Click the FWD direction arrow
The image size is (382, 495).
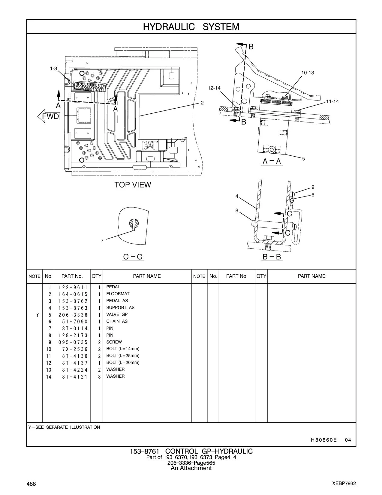pos(49,116)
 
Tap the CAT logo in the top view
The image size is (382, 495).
pos(150,145)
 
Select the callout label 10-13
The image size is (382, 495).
pos(308,73)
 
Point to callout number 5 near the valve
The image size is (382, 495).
pos(303,159)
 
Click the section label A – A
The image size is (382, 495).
pos(272,161)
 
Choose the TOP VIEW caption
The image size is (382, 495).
pos(133,185)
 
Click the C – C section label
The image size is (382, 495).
pos(133,257)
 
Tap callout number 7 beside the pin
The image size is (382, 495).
pos(102,240)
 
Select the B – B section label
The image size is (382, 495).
pos(272,257)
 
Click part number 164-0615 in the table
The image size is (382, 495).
pos(73,294)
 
